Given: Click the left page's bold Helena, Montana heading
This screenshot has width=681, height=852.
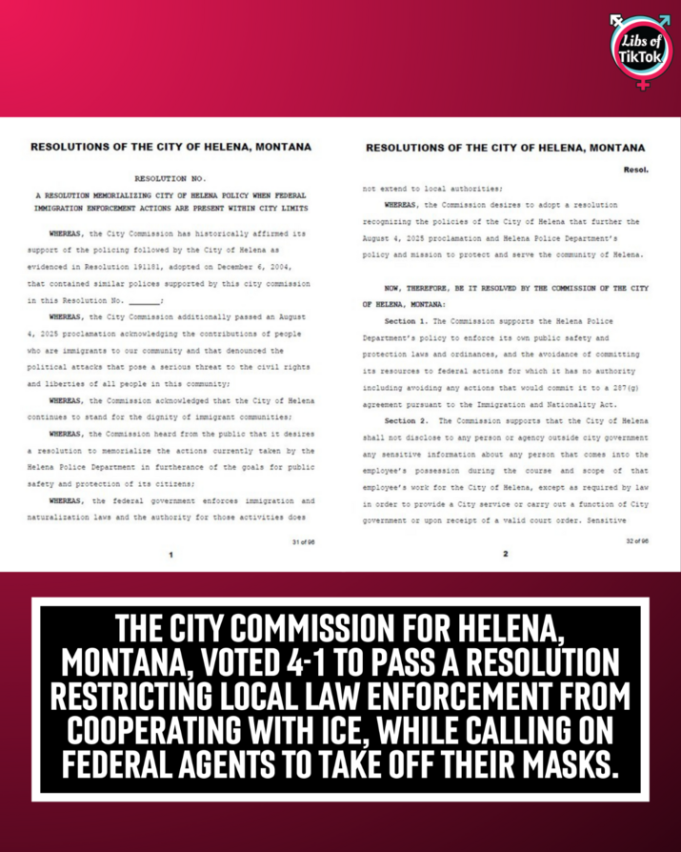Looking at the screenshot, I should tap(170, 149).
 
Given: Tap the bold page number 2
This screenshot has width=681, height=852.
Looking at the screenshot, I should tap(506, 553).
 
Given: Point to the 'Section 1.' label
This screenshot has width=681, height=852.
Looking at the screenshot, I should tap(408, 323).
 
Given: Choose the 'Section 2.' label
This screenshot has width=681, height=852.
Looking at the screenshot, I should tap(408, 420).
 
